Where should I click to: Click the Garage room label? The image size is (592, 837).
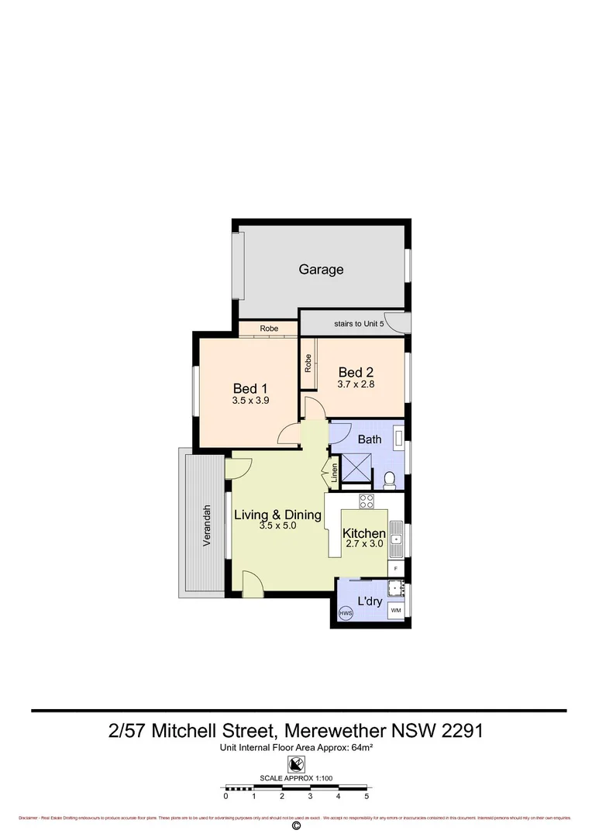tap(321, 270)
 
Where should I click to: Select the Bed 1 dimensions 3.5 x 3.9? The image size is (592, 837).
tap(250, 401)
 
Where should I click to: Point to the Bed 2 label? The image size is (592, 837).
tap(356, 373)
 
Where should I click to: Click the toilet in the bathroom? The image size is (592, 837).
tap(390, 480)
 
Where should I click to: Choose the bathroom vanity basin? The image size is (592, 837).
tap(398, 439)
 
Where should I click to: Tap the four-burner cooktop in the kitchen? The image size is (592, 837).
tap(367, 501)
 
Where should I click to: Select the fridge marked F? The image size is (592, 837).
tap(396, 569)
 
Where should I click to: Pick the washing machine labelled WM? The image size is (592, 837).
tap(395, 611)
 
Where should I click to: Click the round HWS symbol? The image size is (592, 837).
tap(346, 614)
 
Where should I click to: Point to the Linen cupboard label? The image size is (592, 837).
tap(334, 473)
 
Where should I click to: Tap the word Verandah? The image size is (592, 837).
tap(207, 525)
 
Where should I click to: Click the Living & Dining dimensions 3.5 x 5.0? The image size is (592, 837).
tap(278, 525)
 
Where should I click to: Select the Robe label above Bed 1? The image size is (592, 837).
tap(269, 329)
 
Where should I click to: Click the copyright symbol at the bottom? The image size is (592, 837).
tap(295, 826)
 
